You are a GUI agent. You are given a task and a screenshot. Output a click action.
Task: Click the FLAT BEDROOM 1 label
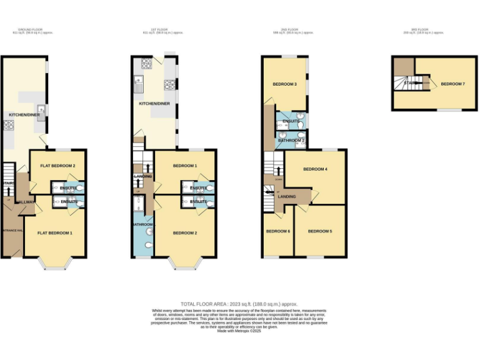(x=55, y=233)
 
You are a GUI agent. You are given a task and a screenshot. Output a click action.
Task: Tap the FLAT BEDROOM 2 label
(x=58, y=166)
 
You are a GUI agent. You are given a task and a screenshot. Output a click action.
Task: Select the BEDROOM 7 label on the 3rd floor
(x=452, y=84)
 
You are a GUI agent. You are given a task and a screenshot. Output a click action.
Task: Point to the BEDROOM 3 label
(x=284, y=84)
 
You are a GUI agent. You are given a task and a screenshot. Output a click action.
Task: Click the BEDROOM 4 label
(x=316, y=169)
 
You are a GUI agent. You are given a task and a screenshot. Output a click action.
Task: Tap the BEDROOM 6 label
(x=278, y=231)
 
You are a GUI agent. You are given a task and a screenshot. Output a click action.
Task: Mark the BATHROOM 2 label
(x=291, y=141)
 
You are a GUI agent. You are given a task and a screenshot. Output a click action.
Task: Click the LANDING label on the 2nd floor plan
(x=287, y=197)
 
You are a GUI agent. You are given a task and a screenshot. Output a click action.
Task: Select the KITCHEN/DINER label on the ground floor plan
(x=24, y=115)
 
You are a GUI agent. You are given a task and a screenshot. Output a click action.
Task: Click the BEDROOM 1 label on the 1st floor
(x=185, y=166)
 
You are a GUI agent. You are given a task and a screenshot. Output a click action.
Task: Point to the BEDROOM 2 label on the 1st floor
(x=185, y=233)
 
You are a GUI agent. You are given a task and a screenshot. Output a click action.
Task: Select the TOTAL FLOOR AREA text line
(x=240, y=302)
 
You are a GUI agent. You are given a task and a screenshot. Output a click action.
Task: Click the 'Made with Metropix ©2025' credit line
(x=239, y=331)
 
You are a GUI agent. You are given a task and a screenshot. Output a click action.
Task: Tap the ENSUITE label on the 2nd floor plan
(x=291, y=121)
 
